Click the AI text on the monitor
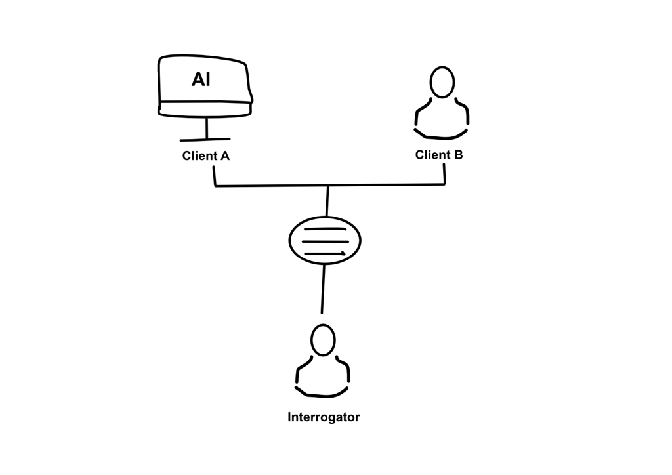[x=201, y=80]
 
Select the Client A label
[x=205, y=156]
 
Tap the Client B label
[x=438, y=155]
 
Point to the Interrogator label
[x=324, y=417]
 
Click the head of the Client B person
[x=442, y=82]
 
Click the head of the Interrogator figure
[x=322, y=341]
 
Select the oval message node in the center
[x=325, y=241]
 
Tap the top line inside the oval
[x=325, y=230]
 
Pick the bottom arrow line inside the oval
[x=325, y=253]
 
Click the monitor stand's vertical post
[x=207, y=128]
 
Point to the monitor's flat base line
[x=205, y=140]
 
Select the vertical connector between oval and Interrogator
[x=323, y=289]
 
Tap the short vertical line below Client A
[x=215, y=176]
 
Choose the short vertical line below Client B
[x=445, y=175]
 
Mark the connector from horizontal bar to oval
[x=327, y=201]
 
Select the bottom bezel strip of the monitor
[x=205, y=109]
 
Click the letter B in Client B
[x=458, y=155]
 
